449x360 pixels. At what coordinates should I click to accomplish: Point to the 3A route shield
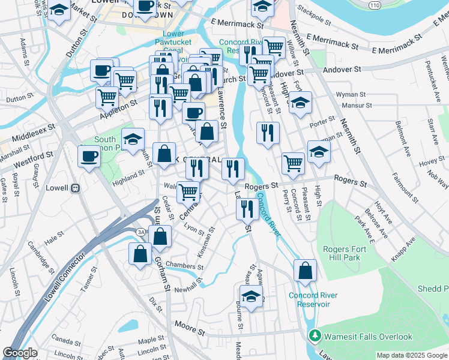click(141, 231)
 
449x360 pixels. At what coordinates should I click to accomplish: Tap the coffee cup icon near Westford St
click(89, 156)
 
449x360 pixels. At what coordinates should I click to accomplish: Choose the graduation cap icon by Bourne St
click(251, 296)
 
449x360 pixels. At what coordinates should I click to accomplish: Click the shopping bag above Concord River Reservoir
click(305, 270)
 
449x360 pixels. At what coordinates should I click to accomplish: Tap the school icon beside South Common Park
click(133, 140)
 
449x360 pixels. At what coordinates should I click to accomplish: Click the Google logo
click(20, 353)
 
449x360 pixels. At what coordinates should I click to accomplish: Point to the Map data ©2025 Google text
click(411, 355)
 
